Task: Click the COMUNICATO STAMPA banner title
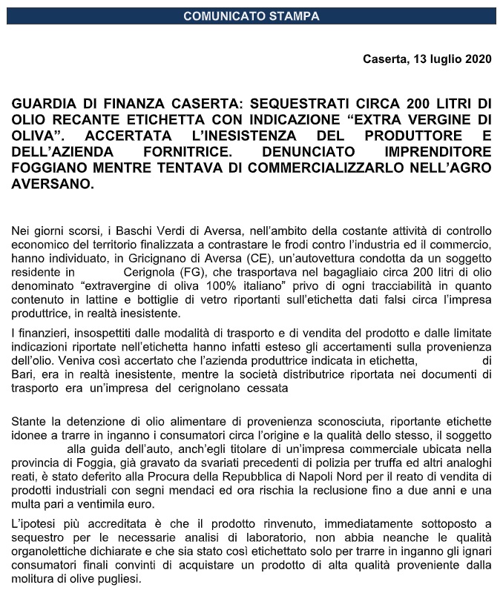tap(251, 15)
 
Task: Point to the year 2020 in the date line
tap(475, 59)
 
